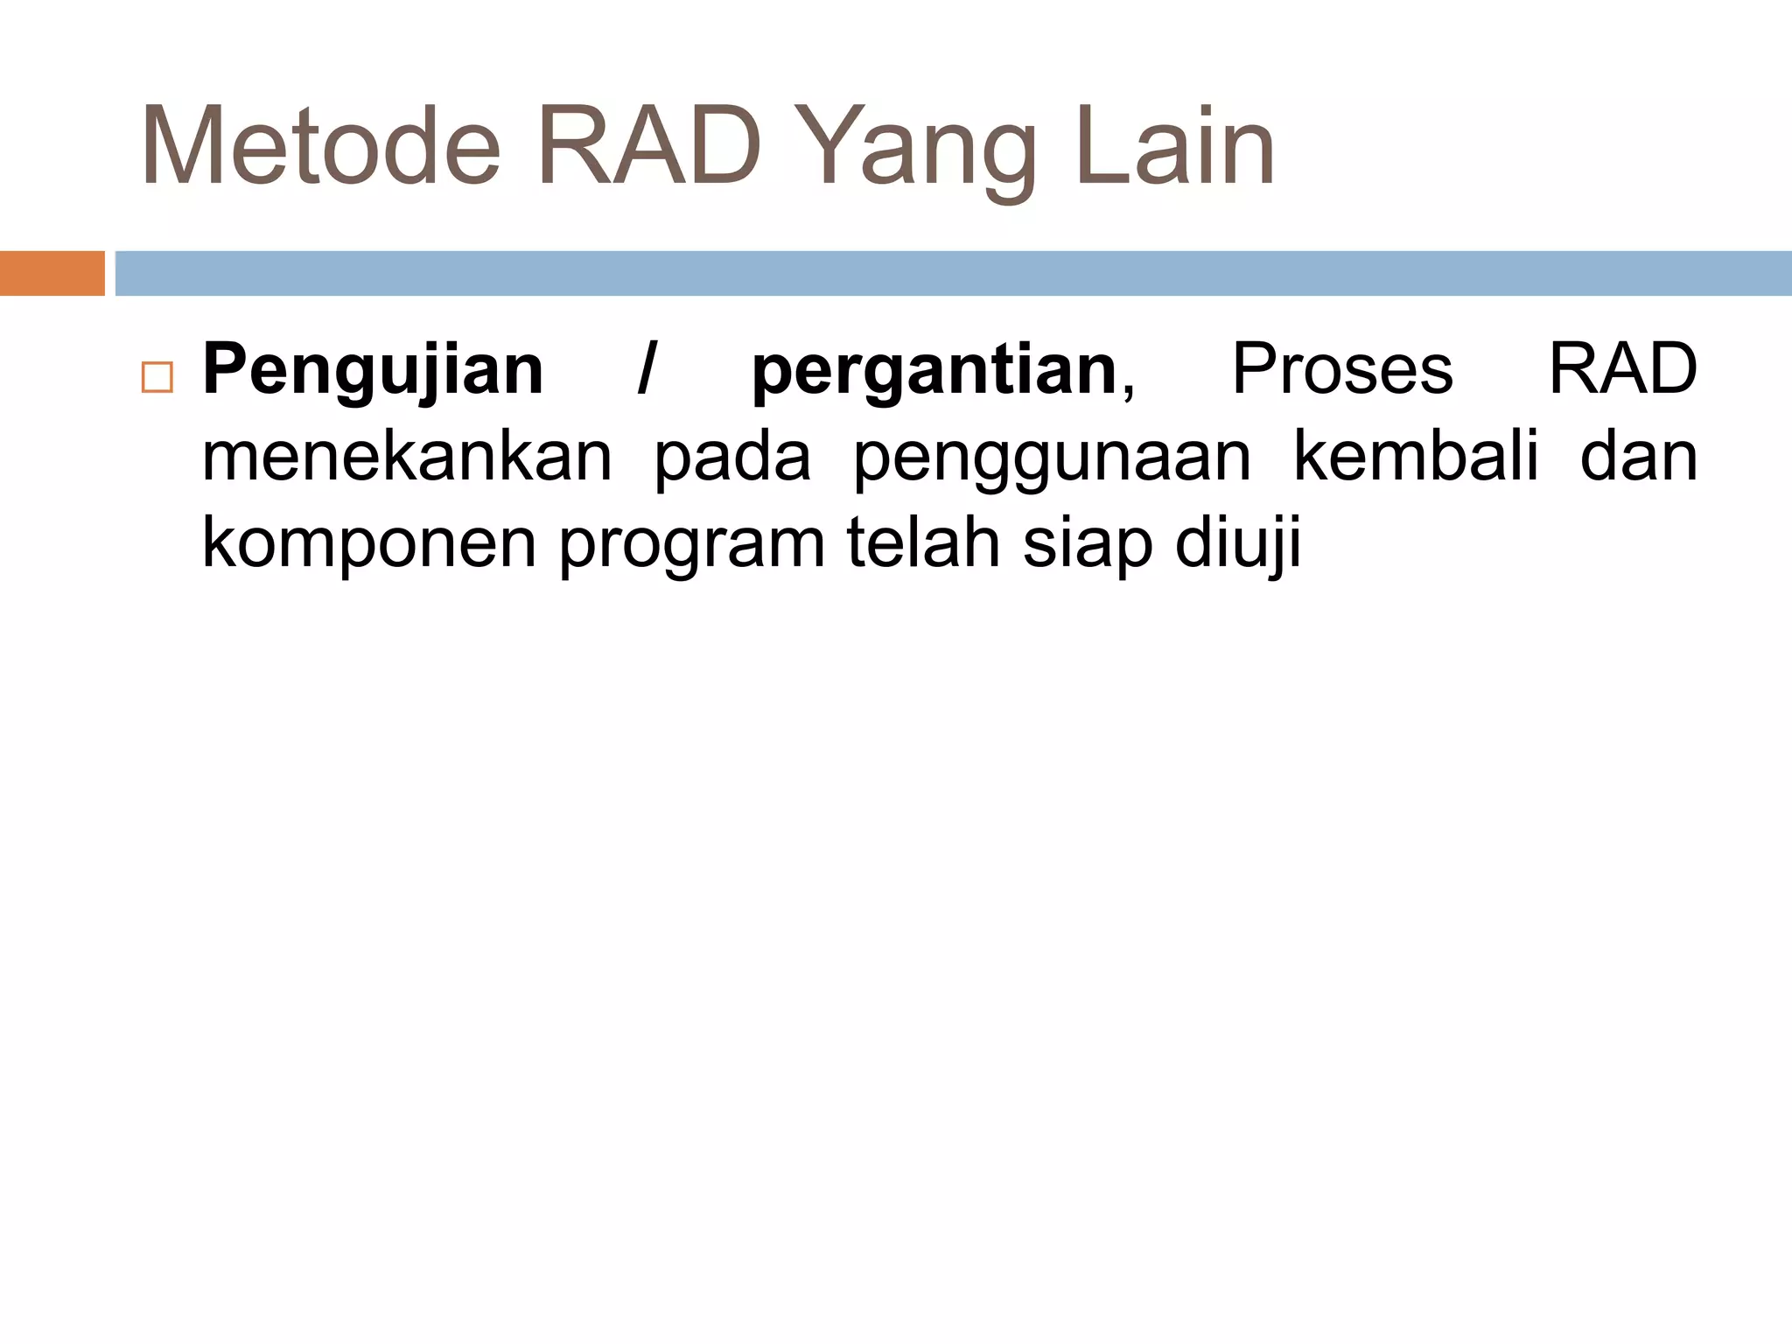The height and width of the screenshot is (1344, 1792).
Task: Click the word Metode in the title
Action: pos(320,147)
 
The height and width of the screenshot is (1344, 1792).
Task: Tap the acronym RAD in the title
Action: pos(649,147)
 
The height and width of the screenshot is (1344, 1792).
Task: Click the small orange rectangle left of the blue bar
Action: pos(52,273)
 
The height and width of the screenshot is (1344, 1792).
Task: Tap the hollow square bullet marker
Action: pos(157,377)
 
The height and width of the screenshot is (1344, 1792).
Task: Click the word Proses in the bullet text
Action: pos(1342,369)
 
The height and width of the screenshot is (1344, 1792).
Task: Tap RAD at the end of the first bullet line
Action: pos(1622,369)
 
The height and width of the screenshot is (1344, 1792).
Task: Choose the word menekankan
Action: pos(407,457)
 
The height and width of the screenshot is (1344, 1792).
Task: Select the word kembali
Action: pos(1415,456)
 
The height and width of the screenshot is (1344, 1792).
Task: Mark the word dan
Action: pos(1638,457)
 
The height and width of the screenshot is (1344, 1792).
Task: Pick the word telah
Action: pos(922,542)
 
